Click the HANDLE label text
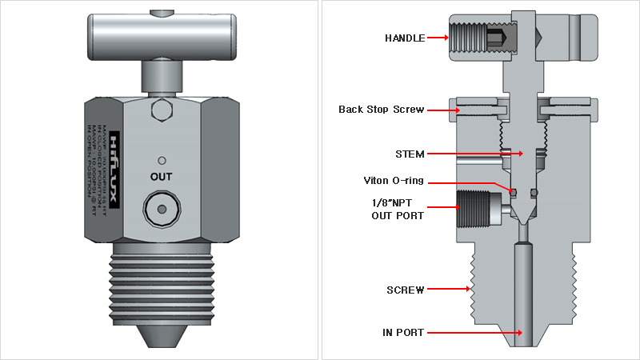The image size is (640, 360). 404,38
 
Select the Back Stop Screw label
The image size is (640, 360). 381,110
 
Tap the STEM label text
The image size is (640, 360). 409,154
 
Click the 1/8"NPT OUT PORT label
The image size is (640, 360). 397,210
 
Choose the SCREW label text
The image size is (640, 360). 405,290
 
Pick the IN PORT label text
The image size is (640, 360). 403,332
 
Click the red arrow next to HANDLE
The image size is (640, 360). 436,38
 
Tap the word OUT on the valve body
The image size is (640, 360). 162,175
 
